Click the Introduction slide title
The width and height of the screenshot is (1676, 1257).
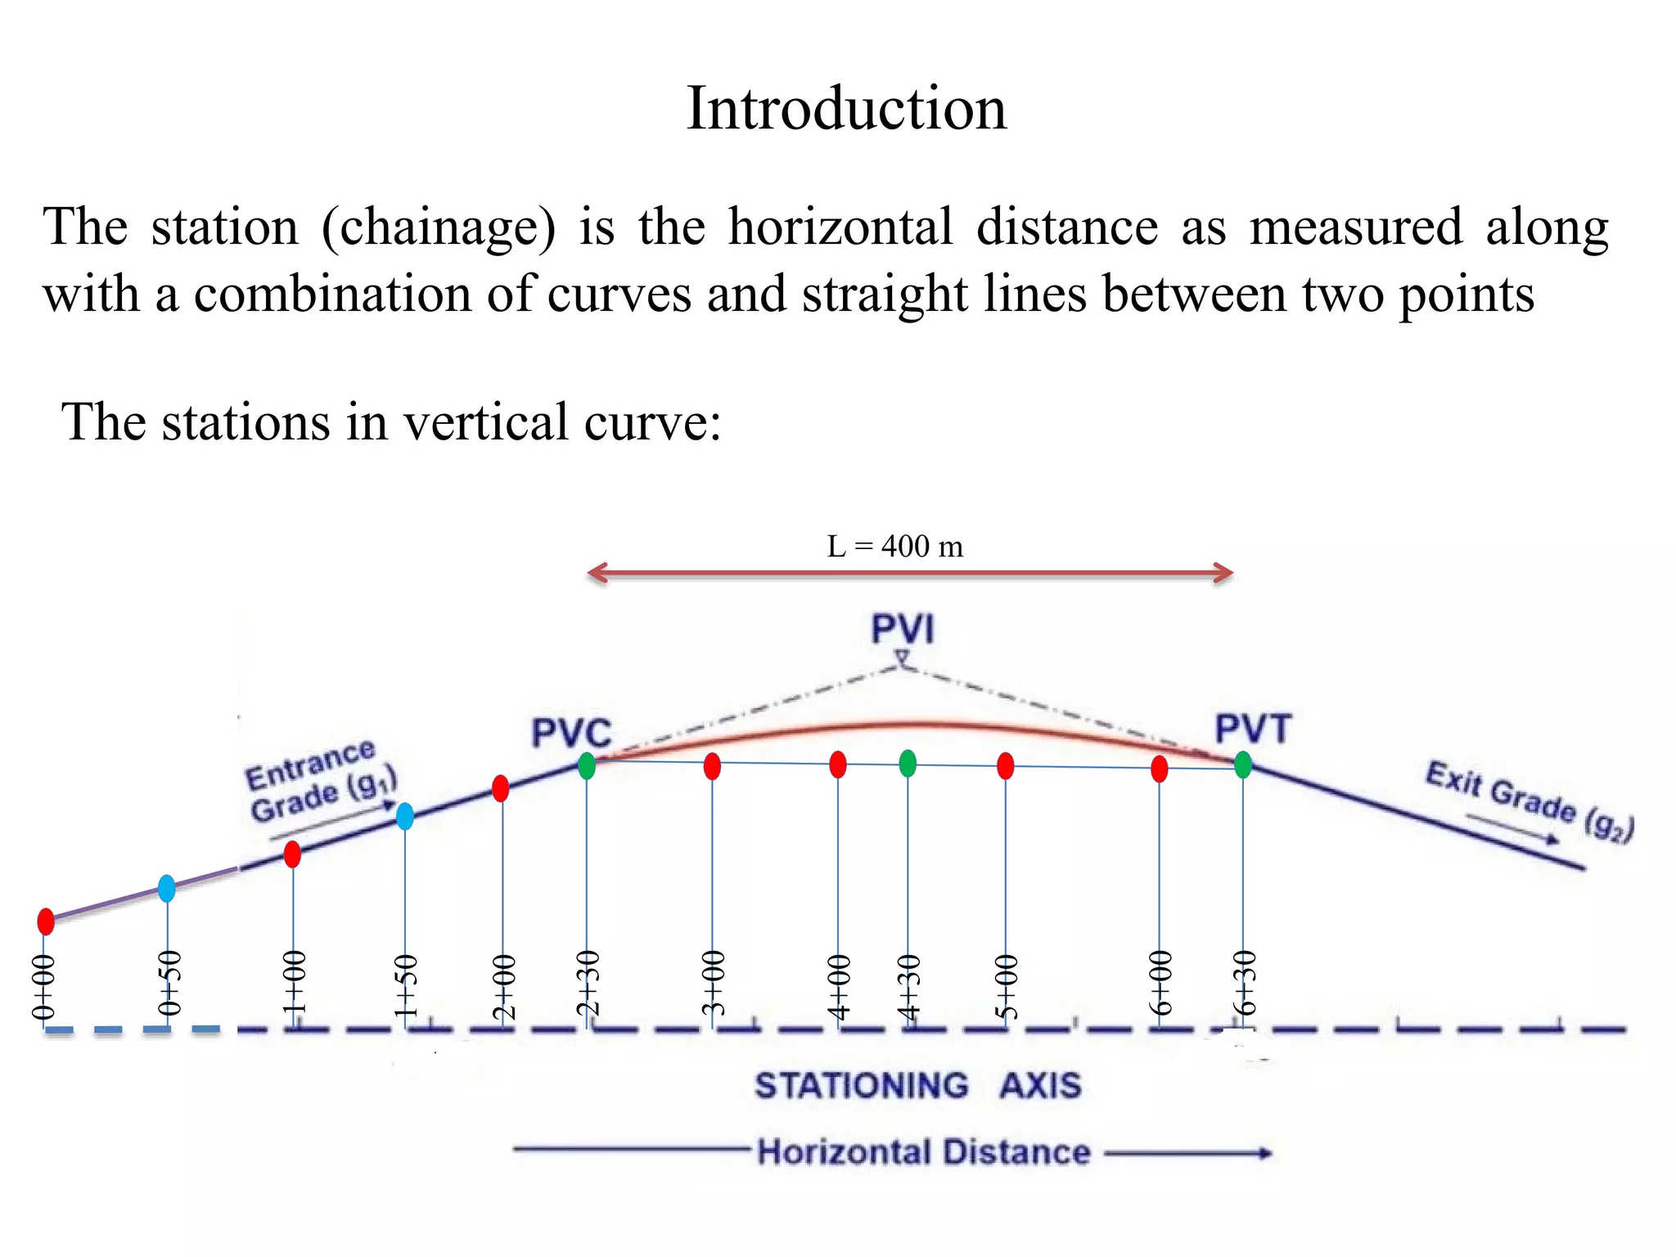pos(846,108)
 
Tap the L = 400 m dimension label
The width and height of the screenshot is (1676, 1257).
pos(895,546)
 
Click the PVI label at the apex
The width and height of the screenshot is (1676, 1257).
pos(902,629)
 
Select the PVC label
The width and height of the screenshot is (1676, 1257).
pos(571,732)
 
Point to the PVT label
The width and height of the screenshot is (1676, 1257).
pos(1253,728)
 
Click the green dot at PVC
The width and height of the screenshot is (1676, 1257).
pos(587,766)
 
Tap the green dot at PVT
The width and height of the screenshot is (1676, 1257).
pos(1242,764)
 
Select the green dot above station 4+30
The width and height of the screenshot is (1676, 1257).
pos(908,764)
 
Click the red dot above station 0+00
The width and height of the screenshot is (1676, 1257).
pos(46,921)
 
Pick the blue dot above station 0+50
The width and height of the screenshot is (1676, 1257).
pos(167,888)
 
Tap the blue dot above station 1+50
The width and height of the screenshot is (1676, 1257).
pos(405,816)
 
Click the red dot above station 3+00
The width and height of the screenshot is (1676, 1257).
pos(712,766)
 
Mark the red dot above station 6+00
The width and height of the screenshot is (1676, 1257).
pos(1159,768)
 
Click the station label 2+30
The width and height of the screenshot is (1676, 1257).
pos(588,984)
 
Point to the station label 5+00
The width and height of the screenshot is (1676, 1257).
pos(1007,986)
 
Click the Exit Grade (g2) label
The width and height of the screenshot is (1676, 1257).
pos(1529,801)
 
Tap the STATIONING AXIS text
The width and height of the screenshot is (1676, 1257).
pos(917,1086)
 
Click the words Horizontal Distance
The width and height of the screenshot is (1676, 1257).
pos(923,1152)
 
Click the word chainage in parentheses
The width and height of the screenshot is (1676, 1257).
pos(438,228)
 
